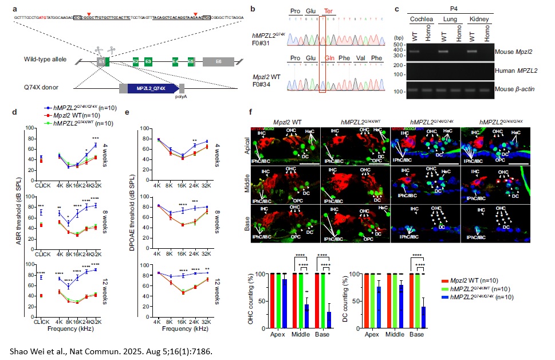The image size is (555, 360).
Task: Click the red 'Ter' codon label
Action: [330, 11]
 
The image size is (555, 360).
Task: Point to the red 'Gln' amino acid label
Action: [330, 58]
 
